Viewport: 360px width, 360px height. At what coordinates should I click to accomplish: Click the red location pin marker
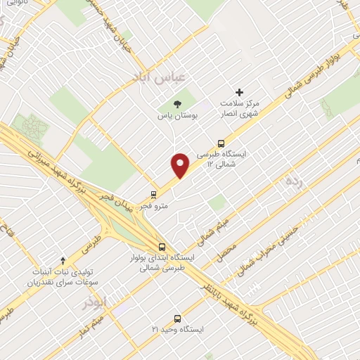pos(181,165)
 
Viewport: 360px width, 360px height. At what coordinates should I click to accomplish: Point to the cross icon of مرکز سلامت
pos(239,92)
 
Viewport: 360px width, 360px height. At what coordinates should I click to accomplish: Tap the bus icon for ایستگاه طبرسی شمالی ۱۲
pos(221,143)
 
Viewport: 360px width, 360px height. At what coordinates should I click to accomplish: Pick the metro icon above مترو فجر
pos(153,194)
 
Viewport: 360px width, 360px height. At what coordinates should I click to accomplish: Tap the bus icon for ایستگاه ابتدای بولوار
pos(162,247)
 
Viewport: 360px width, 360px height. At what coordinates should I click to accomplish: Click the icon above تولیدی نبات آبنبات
pos(63,260)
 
